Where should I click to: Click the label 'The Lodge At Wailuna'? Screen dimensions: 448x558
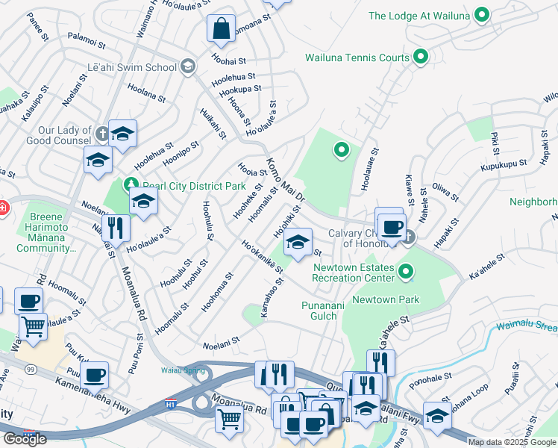pos(421,15)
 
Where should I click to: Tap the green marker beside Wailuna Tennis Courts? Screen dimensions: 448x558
pos(420,57)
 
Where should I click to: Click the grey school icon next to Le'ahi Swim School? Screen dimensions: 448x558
pos(187,67)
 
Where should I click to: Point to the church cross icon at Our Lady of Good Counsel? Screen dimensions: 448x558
pos(103,134)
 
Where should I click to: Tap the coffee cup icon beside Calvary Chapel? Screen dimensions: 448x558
pos(392,225)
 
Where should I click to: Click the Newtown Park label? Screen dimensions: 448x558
pos(386,299)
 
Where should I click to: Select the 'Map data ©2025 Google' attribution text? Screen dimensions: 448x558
pos(512,442)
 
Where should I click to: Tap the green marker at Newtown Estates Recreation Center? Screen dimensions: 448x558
pos(406,272)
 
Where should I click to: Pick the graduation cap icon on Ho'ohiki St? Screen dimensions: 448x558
pos(298,242)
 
